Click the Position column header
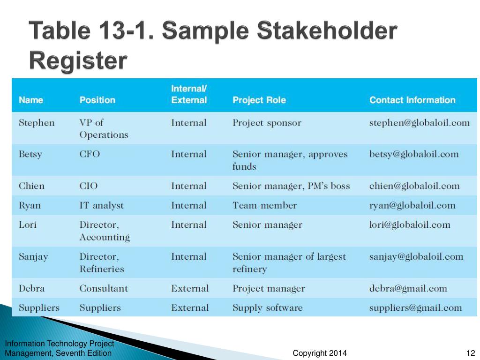97,100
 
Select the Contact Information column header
412,100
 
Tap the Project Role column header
259,100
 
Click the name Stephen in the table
36,123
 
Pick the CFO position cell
90,154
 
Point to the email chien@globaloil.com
414,186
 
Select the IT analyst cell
101,205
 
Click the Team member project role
264,205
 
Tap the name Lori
27,225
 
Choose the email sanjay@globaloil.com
416,256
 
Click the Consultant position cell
103,288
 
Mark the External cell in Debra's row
190,288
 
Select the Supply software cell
267,307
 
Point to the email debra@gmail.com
408,288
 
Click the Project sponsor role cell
267,123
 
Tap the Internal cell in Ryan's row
188,205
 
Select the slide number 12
471,353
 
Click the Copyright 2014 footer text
320,353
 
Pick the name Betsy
30,154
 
